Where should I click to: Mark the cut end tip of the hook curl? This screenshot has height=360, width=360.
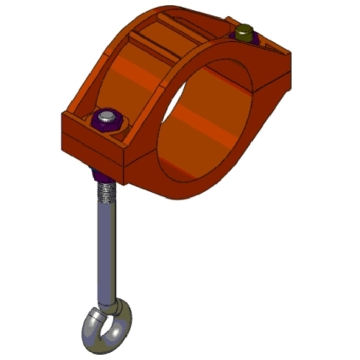(92, 313)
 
